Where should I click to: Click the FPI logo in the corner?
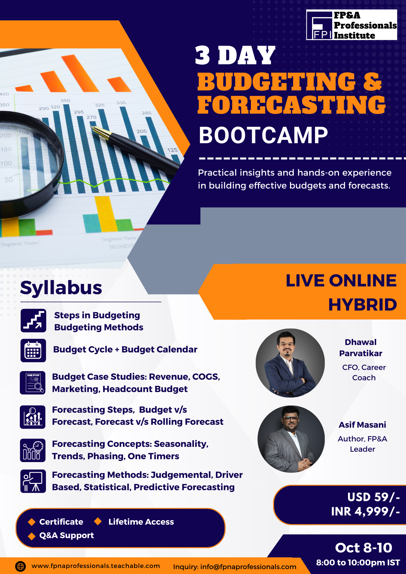click(x=351, y=25)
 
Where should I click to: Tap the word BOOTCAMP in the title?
click(x=263, y=135)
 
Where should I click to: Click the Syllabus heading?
click(x=61, y=288)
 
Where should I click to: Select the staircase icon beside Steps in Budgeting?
click(x=33, y=321)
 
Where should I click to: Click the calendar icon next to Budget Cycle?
click(x=33, y=350)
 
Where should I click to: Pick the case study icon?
click(x=33, y=383)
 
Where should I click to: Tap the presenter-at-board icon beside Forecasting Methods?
click(x=33, y=481)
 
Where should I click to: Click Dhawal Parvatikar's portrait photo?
click(x=290, y=363)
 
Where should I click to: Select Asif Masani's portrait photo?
click(x=291, y=439)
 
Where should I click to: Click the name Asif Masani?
click(x=362, y=425)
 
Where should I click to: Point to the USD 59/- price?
click(x=373, y=497)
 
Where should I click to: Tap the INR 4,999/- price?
click(x=365, y=511)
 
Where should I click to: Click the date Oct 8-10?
click(x=364, y=548)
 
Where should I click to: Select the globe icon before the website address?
click(x=20, y=566)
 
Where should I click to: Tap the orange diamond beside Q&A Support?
click(x=32, y=536)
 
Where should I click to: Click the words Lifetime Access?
click(x=141, y=522)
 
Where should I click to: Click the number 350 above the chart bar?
click(x=65, y=100)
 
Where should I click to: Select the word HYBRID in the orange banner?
click(x=363, y=305)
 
